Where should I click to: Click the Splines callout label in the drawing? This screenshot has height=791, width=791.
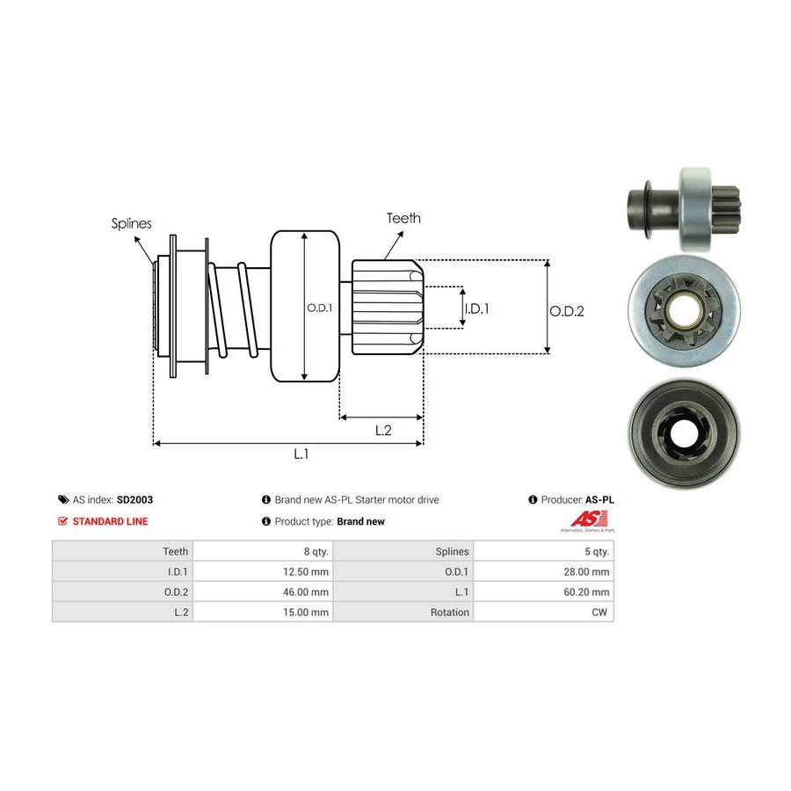coord(131,223)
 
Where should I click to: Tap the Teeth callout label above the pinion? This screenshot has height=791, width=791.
coord(403,218)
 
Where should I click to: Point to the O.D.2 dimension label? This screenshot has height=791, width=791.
coord(567,310)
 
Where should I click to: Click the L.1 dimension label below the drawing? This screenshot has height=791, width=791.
coord(301,454)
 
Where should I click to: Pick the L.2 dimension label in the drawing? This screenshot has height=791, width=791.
coord(383,430)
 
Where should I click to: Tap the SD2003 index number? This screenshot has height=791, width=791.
coord(134,499)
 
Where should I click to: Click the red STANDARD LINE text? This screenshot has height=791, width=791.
coord(110,521)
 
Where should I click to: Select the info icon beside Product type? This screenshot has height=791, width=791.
coord(266,521)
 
